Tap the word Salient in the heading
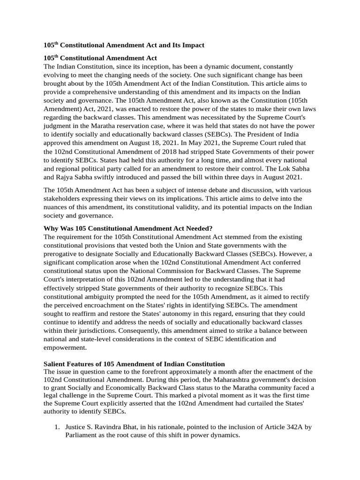55,364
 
